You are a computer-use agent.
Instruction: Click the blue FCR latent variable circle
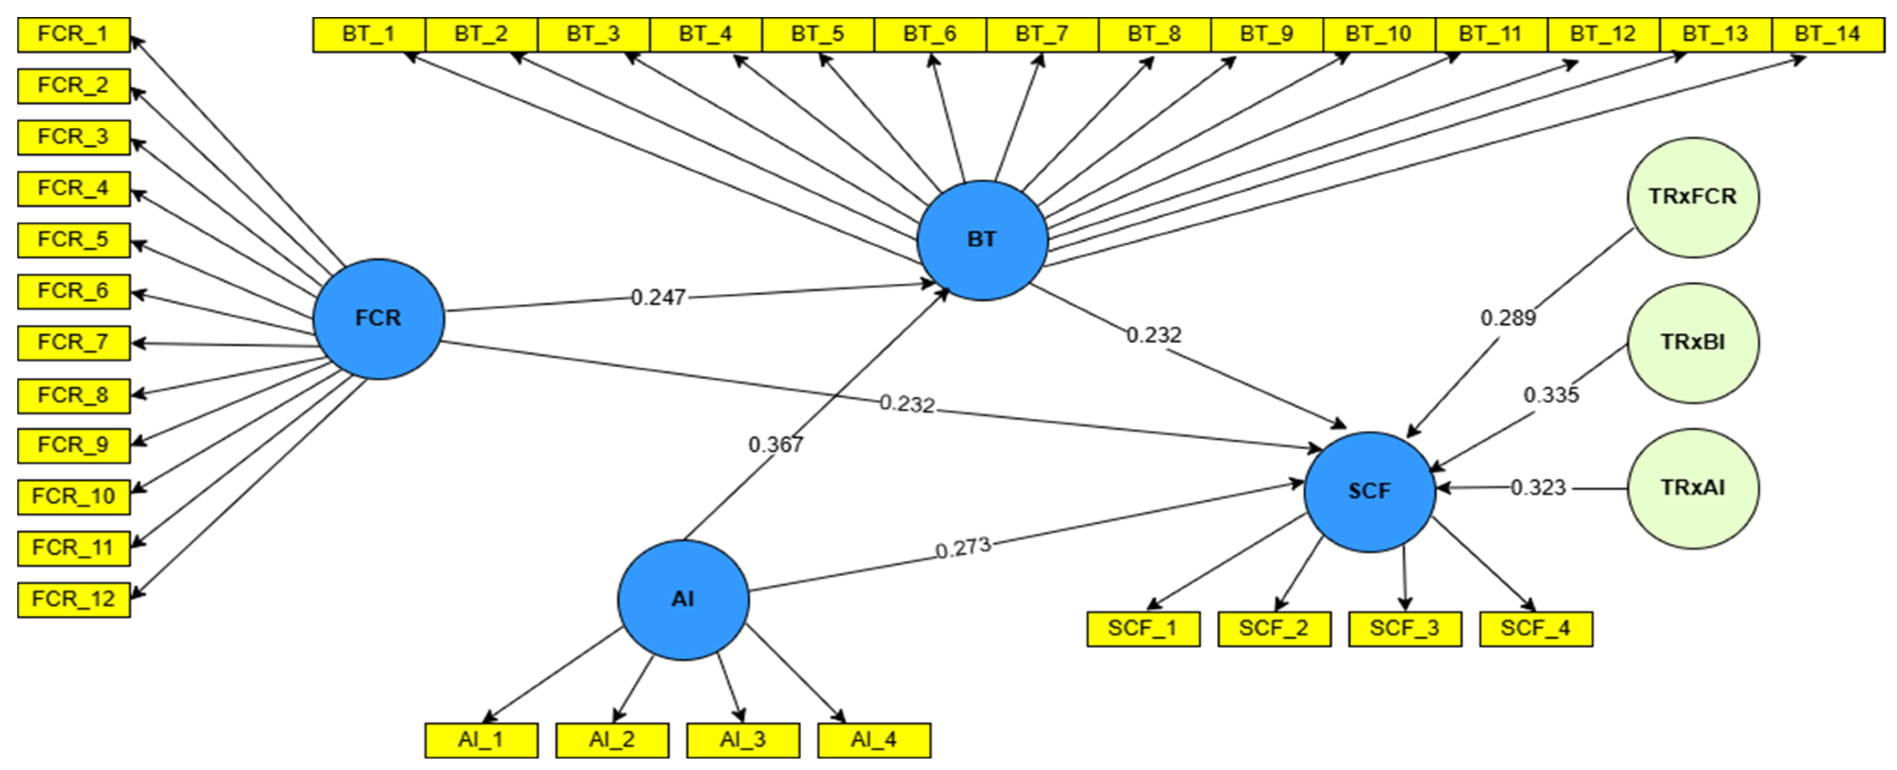pyautogui.click(x=378, y=318)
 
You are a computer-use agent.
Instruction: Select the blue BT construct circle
pyautogui.click(x=982, y=239)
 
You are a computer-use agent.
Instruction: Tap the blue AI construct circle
pyautogui.click(x=683, y=599)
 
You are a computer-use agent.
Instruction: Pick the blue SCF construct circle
pyautogui.click(x=1369, y=491)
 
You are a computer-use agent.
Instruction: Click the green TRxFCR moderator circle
pyautogui.click(x=1692, y=197)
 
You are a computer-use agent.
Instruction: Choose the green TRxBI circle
pyautogui.click(x=1692, y=343)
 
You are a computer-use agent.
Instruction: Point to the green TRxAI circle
pyautogui.click(x=1692, y=488)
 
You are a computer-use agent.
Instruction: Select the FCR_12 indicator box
pyautogui.click(x=74, y=599)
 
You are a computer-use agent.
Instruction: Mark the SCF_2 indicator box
pyautogui.click(x=1273, y=629)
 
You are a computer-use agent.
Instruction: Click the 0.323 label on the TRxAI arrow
pyautogui.click(x=1538, y=488)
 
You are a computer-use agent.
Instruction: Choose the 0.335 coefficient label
pyautogui.click(x=1551, y=395)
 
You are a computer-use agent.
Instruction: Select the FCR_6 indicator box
pyautogui.click(x=74, y=291)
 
